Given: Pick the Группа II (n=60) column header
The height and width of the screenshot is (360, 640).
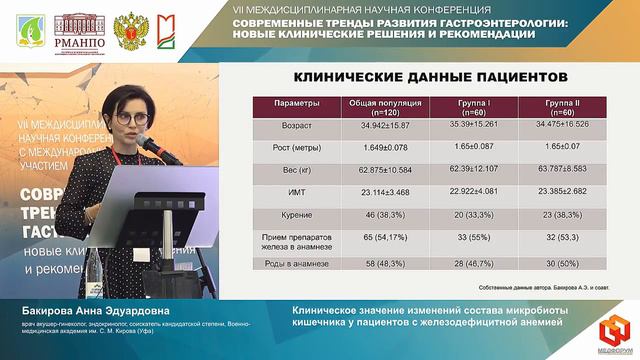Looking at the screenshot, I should pyautogui.click(x=570, y=107).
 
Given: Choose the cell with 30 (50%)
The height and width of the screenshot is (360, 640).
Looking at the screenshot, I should pyautogui.click(x=570, y=264).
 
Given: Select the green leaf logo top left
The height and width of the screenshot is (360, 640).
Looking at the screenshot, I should pyautogui.click(x=29, y=31).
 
